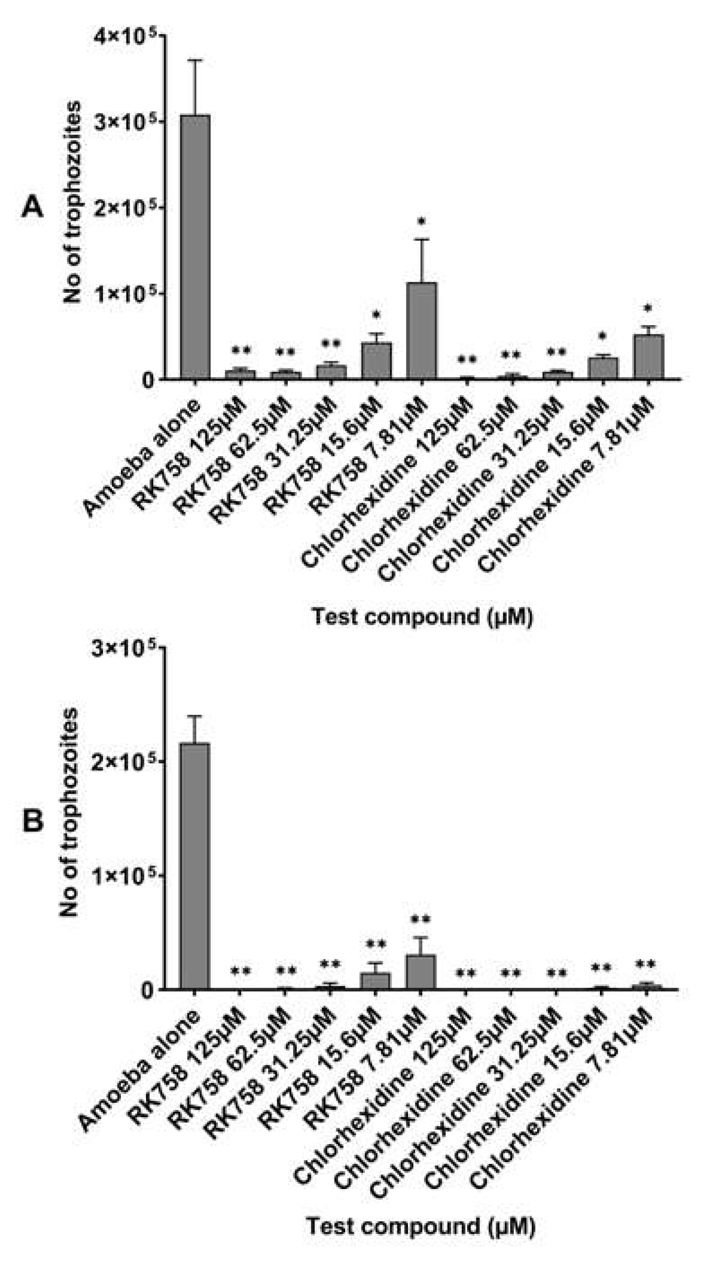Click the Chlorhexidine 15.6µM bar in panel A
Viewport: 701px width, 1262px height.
pos(603,368)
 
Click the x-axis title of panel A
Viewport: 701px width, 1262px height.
pos(422,616)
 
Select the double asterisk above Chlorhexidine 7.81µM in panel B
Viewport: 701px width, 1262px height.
pos(645,965)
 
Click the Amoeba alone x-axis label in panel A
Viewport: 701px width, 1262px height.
pos(142,459)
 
